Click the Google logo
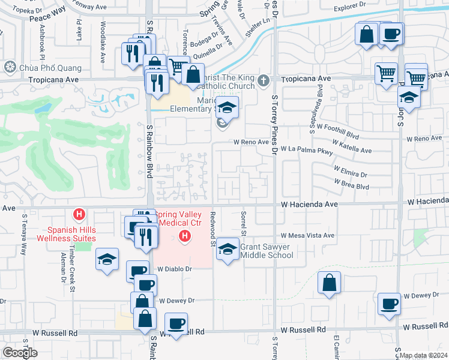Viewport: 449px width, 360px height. click(x=20, y=353)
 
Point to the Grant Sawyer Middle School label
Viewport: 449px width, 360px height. click(x=267, y=251)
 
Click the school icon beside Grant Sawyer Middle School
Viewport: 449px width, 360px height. click(x=227, y=250)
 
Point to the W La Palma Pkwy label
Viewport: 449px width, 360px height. click(x=309, y=148)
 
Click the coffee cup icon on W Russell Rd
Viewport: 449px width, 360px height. click(x=176, y=324)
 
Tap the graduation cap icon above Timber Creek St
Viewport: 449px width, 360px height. click(x=107, y=259)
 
